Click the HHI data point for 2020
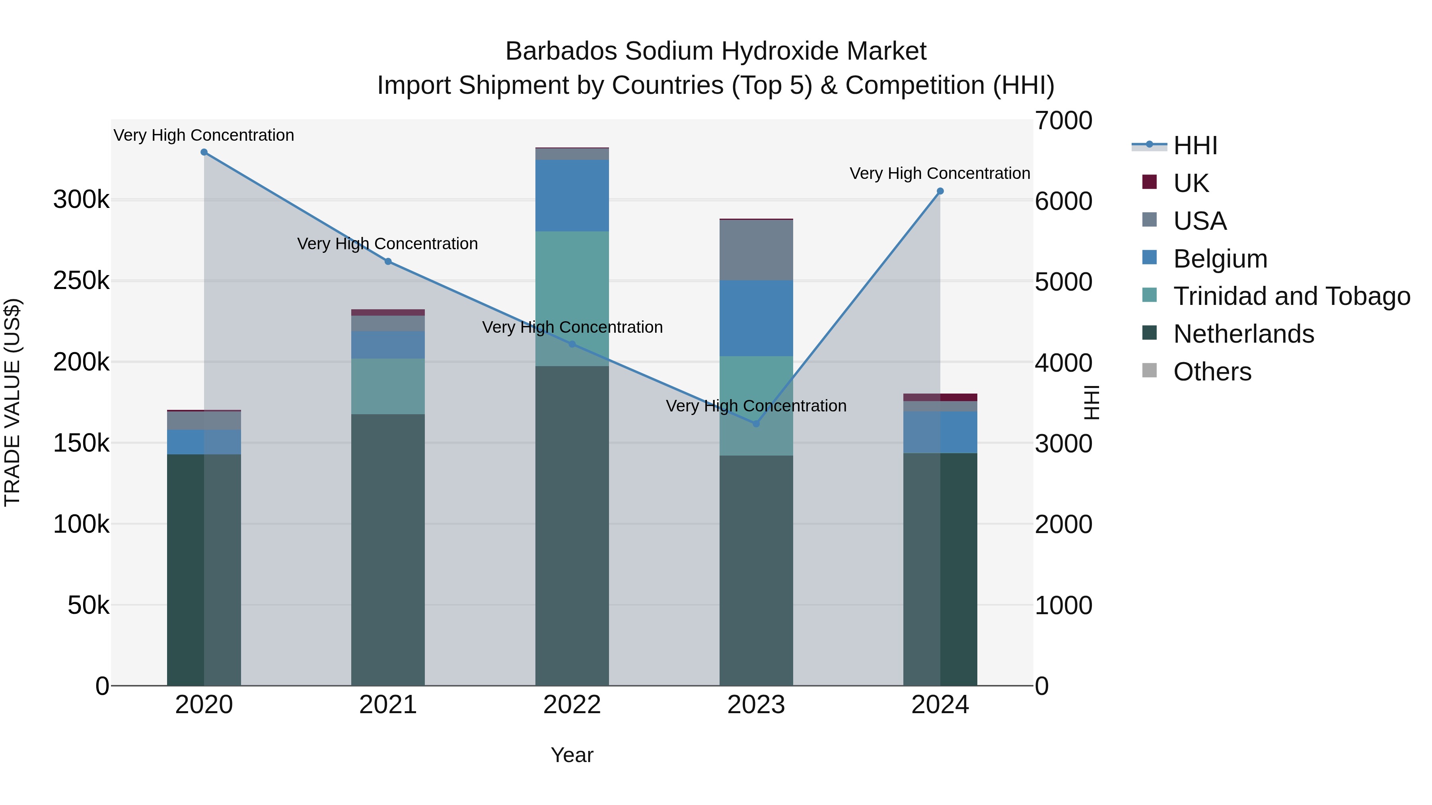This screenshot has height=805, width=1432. (x=204, y=152)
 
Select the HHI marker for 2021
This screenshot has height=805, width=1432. (x=388, y=262)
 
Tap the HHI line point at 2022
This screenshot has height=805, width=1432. (x=572, y=344)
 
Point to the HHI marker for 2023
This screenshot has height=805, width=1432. (x=756, y=424)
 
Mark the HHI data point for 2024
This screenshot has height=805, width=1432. (x=940, y=191)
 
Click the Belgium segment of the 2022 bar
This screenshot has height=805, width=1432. (x=572, y=196)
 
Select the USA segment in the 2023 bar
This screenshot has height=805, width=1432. (x=756, y=250)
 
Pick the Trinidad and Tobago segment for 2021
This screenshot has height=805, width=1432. (x=388, y=386)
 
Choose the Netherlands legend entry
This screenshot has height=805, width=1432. (x=1243, y=334)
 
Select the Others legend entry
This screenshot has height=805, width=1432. (x=1212, y=372)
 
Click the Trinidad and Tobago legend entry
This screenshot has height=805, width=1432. (x=1291, y=296)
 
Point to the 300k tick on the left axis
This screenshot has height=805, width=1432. (x=81, y=200)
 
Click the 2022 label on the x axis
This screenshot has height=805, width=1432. (x=572, y=705)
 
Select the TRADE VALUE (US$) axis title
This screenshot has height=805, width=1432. (x=12, y=402)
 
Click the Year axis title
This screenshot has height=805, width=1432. (x=572, y=755)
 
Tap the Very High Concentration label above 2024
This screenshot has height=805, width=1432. (x=940, y=173)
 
